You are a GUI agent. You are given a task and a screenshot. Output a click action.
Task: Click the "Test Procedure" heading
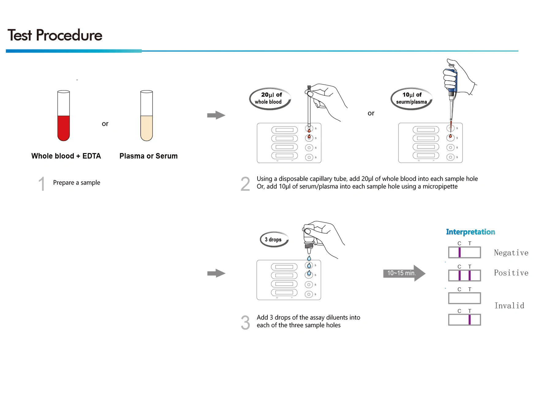55,35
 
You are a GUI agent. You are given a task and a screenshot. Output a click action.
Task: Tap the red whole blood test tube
63,116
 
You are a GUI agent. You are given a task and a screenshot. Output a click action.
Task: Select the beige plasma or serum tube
146,116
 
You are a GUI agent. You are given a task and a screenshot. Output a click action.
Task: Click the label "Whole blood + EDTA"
66,156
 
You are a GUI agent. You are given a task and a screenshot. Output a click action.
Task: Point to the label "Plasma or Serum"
149,156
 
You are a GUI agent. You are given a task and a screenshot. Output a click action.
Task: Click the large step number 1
42,184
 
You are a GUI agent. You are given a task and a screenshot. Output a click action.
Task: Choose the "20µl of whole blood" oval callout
270,98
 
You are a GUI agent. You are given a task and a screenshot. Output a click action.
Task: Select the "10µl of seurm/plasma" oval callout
411,98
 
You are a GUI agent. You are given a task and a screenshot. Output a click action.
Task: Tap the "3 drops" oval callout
274,240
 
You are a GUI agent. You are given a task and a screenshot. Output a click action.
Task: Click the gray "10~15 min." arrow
404,273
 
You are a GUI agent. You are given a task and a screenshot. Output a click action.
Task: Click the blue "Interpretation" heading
470,232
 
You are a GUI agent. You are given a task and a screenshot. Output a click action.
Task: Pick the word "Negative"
511,253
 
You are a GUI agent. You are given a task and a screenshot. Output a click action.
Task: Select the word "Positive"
511,273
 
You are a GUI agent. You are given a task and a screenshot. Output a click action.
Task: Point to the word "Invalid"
509,306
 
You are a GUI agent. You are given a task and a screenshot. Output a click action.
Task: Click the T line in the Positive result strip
470,275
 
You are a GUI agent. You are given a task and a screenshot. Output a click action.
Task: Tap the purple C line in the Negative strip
459,252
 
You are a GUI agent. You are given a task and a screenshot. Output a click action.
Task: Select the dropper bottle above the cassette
309,238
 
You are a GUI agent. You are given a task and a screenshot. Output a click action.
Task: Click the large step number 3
245,323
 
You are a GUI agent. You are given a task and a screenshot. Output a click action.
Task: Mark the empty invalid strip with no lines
464,298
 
